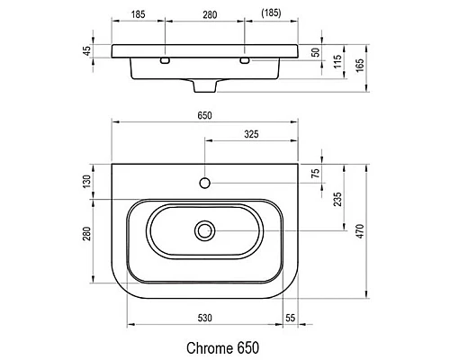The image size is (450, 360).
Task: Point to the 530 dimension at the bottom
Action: coord(206,319)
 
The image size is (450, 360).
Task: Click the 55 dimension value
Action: coord(290,319)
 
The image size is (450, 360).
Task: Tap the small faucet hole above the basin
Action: coord(205,184)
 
